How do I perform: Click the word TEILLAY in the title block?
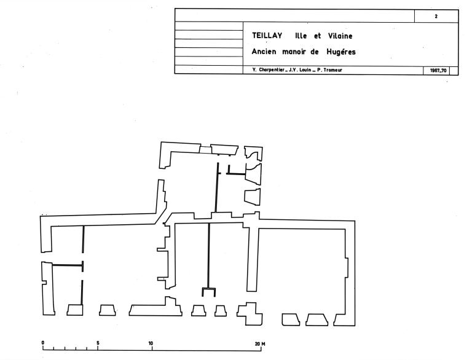point(267,36)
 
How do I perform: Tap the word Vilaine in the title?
point(340,36)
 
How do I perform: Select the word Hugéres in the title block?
point(341,52)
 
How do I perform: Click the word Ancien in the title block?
point(264,52)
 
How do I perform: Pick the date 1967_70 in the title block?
point(438,71)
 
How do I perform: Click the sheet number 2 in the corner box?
point(436,17)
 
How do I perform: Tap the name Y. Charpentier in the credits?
point(268,70)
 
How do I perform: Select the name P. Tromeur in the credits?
point(329,70)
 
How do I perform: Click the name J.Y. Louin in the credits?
point(300,70)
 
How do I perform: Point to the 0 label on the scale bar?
point(43,343)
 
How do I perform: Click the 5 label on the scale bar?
point(98,343)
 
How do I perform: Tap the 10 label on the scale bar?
point(151,343)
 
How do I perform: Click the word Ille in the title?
point(301,36)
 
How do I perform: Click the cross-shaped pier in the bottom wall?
point(250,314)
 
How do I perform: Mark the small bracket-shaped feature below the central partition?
point(208,292)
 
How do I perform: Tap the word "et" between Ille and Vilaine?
point(318,36)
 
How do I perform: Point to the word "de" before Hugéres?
point(315,52)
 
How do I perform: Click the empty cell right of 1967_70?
point(454,71)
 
